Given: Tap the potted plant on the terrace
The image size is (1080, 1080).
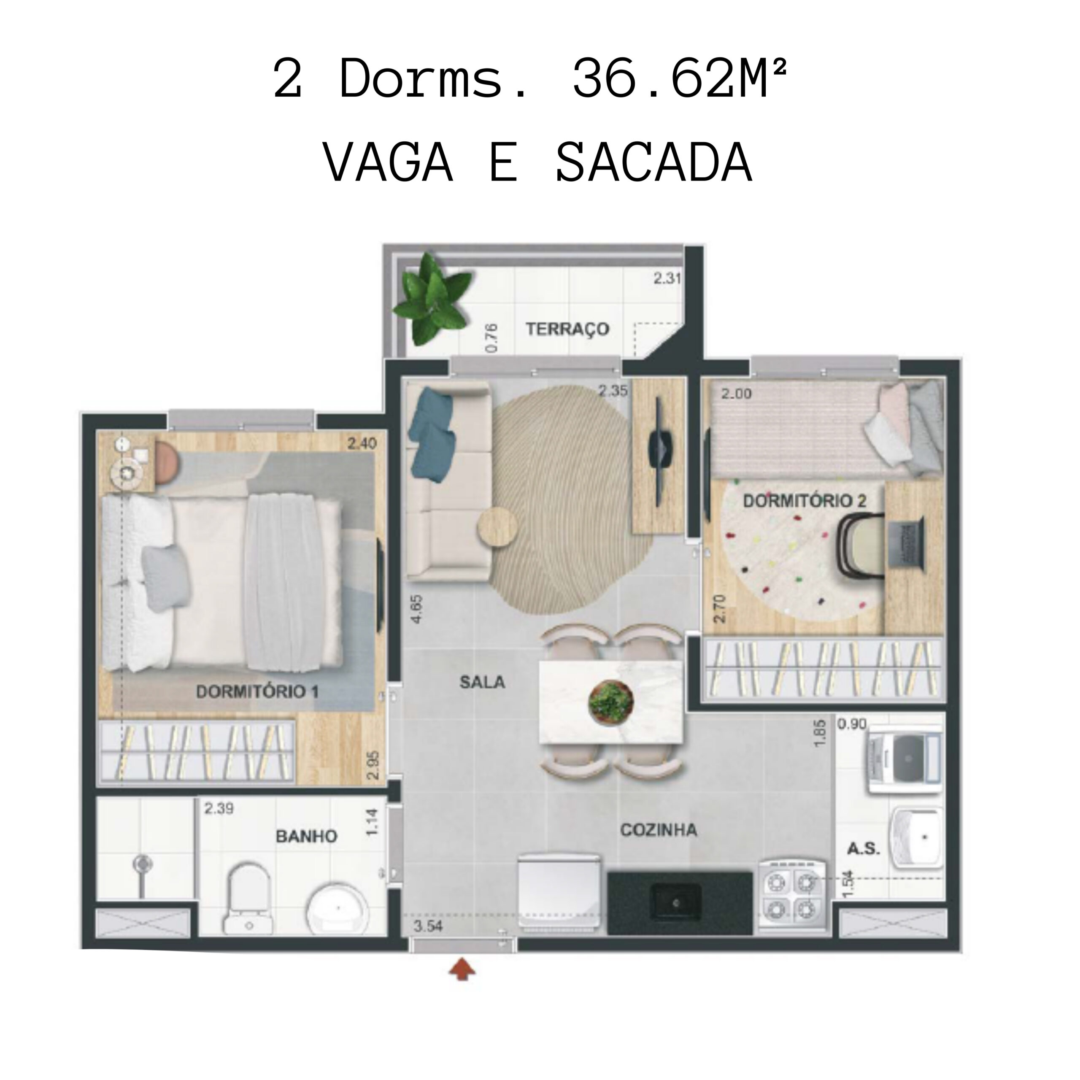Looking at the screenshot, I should [x=432, y=299].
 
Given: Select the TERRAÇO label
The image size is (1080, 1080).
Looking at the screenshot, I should [x=567, y=329].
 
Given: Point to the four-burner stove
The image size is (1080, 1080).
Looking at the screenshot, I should [x=791, y=897].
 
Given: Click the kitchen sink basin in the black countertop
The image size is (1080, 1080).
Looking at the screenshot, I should [x=676, y=902].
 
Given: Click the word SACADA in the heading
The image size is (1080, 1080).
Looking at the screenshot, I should [x=654, y=163].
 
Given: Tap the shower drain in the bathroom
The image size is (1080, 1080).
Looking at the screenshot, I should [x=143, y=864].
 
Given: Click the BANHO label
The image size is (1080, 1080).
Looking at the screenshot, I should [x=306, y=836].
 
